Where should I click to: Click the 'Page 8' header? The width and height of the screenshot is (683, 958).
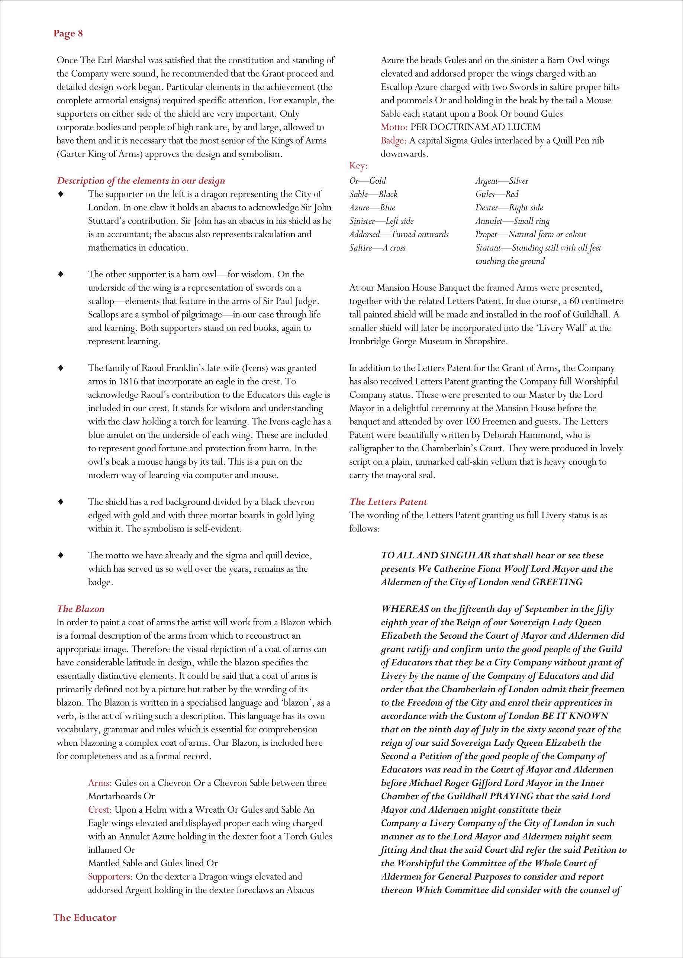[68, 34]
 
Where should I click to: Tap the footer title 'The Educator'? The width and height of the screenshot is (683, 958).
[84, 917]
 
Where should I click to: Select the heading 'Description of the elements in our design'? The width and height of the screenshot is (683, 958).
[141, 180]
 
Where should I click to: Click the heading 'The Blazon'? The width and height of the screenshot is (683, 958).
[80, 609]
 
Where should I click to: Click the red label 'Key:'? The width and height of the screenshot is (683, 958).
[358, 166]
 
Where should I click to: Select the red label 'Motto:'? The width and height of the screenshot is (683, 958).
[394, 127]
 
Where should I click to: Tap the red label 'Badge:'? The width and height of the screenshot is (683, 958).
[393, 141]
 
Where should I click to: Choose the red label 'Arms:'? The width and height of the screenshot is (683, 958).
[100, 783]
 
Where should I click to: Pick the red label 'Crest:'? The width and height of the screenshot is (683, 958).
[100, 810]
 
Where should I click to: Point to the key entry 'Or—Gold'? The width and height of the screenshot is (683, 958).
[368, 181]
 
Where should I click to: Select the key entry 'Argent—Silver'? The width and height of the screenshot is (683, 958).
[502, 181]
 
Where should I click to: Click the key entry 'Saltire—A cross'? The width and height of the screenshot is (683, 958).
[377, 248]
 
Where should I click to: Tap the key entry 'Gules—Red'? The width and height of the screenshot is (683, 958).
[497, 194]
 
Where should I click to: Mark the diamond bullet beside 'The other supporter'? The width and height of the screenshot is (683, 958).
[61, 274]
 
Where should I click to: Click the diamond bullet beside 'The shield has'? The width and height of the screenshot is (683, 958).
[61, 501]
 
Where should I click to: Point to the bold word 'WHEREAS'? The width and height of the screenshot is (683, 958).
[405, 609]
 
